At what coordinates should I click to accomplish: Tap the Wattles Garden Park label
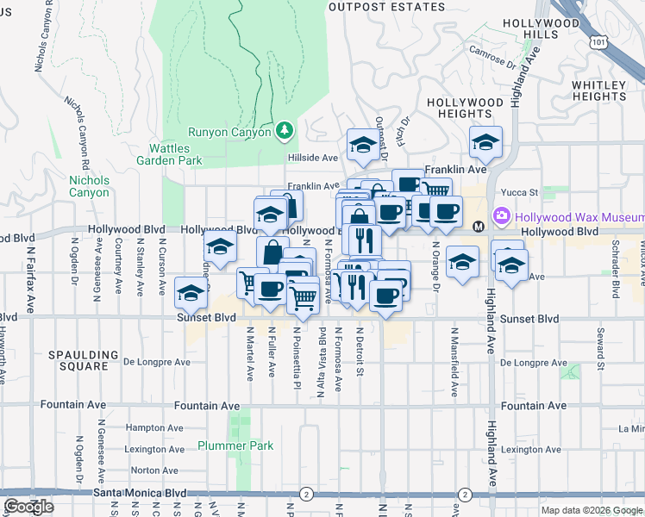170,154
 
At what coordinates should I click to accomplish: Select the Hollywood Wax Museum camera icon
500,216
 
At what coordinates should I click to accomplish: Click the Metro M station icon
478,226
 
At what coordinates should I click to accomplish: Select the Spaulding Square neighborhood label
83,360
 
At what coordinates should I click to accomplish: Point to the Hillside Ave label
312,158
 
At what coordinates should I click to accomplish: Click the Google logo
28,507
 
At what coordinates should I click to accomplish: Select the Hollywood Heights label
465,107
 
